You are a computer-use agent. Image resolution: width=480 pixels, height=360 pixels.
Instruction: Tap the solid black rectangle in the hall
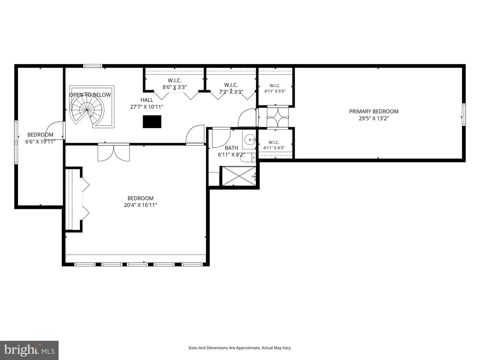pos(152,122)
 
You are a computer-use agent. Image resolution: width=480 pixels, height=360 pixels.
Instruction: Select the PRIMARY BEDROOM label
pos(374,111)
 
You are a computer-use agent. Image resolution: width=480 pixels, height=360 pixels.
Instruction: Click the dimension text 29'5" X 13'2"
pos(374,118)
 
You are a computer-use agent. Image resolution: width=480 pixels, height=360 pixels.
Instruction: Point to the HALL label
pos(147,100)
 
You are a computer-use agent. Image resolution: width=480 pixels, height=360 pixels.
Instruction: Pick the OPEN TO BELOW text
pos(90,95)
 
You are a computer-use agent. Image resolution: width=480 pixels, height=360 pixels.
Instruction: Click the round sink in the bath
pos(249,139)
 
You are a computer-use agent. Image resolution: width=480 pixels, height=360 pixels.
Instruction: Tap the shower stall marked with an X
pos(239,176)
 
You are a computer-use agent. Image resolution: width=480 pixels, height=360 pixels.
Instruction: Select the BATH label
pos(231,148)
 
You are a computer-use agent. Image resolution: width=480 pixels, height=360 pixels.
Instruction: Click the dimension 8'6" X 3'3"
pos(175,87)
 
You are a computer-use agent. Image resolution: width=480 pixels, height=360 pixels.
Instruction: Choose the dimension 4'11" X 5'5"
pos(275,91)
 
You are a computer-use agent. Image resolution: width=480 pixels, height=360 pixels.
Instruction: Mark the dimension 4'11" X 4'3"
pos(274,148)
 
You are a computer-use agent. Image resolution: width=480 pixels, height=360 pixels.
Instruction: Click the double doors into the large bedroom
pos(113,152)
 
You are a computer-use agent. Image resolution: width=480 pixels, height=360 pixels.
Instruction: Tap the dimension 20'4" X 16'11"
pos(140,205)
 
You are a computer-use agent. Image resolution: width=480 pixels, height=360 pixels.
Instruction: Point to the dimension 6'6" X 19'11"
pos(40,142)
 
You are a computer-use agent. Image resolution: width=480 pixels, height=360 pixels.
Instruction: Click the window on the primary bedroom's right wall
pos(464,115)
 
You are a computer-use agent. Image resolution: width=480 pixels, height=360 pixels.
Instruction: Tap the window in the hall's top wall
pos(93,66)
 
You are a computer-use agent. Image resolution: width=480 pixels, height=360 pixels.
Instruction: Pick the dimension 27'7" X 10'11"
pos(147,107)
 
